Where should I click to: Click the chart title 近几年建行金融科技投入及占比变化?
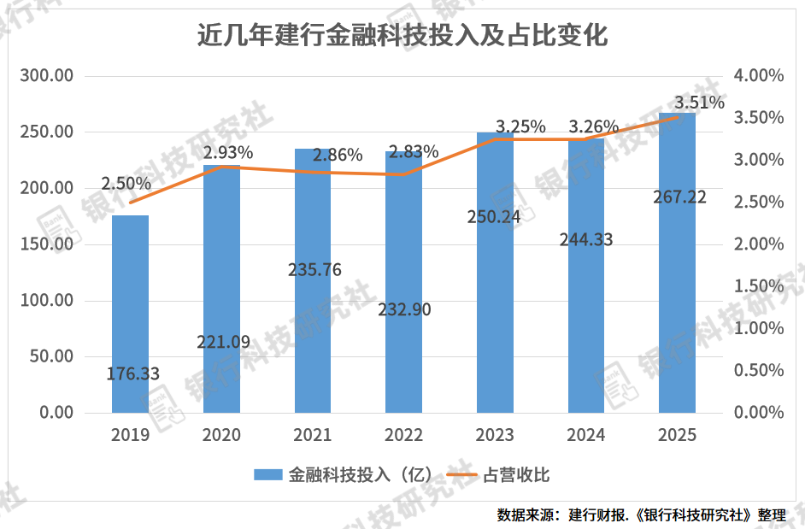click(402, 36)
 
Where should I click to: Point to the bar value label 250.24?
click(496, 216)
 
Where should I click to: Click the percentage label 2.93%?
click(227, 153)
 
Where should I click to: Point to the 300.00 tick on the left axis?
click(48, 76)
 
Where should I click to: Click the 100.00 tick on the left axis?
click(48, 301)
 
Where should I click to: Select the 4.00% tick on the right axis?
click(758, 76)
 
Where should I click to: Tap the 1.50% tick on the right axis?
click(758, 286)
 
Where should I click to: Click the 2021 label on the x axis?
click(312, 435)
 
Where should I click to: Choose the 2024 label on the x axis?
click(586, 435)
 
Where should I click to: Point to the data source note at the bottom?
click(641, 514)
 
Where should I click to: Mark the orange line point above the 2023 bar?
click(495, 138)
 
